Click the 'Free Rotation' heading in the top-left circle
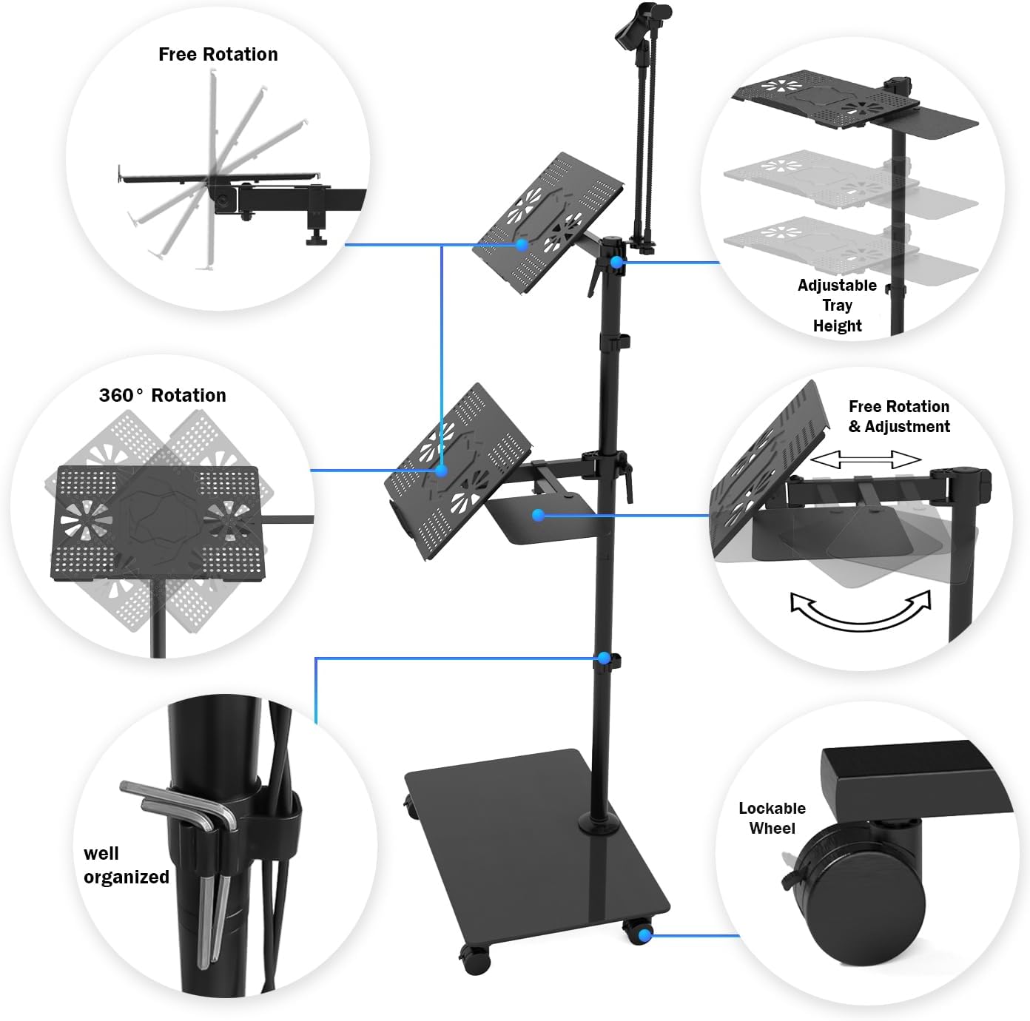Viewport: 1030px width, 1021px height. pos(218,55)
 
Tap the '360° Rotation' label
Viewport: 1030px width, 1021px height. pos(163,395)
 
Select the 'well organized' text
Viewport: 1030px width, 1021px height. pos(126,866)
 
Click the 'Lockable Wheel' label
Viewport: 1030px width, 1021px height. pos(772,818)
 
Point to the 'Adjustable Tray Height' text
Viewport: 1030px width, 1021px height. pos(837,306)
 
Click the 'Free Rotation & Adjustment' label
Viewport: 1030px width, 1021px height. pos(899,417)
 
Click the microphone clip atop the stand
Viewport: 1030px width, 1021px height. pos(643,24)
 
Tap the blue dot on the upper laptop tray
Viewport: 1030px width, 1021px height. pos(522,245)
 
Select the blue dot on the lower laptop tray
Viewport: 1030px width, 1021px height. pos(442,471)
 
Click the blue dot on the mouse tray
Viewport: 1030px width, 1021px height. pos(539,516)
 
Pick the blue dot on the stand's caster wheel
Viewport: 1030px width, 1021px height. pos(645,935)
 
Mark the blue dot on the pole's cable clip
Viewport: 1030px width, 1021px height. pos(604,658)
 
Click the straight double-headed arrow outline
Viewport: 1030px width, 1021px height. pos(866,459)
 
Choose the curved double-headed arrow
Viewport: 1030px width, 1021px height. pos(861,610)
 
